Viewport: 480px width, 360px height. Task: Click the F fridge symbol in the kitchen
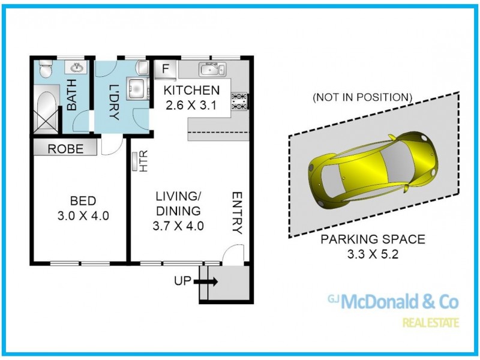[166, 69]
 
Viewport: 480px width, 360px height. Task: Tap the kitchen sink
[212, 69]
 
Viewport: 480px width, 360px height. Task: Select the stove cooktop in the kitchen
[239, 101]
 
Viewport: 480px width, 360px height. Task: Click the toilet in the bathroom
[46, 68]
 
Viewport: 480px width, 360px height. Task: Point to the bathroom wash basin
[76, 67]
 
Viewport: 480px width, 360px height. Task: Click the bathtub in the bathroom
[46, 109]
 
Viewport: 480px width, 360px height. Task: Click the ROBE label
[65, 149]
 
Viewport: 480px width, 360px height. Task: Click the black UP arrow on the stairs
[205, 281]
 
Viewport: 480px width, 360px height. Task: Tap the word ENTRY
[237, 213]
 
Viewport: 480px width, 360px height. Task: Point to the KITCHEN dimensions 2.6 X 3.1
[191, 106]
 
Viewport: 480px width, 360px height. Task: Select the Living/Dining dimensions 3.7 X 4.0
[178, 226]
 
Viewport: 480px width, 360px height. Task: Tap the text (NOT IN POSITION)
[362, 97]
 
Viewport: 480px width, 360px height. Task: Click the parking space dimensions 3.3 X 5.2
[373, 254]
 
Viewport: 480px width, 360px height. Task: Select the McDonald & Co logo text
[393, 302]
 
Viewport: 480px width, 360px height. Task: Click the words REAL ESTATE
[431, 323]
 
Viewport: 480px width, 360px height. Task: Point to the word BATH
[71, 95]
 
